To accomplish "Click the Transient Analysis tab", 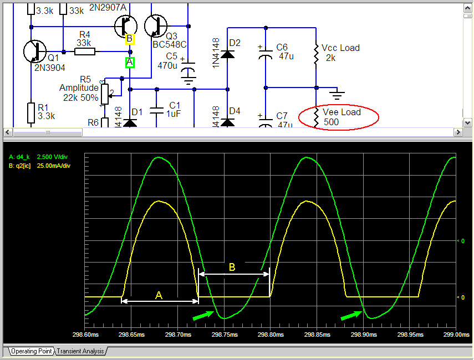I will (81, 351).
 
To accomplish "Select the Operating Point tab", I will (32, 351).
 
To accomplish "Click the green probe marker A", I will (129, 63).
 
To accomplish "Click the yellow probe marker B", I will (129, 39).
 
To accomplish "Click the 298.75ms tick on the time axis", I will (225, 335).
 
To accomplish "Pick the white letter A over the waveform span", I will (159, 295).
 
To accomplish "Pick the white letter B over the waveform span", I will (232, 268).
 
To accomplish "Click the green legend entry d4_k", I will (40, 157).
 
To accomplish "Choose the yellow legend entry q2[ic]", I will (40, 166).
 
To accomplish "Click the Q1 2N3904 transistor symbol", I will (35, 52).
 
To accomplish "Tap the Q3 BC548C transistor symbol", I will (155, 25).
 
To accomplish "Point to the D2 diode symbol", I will (227, 54).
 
